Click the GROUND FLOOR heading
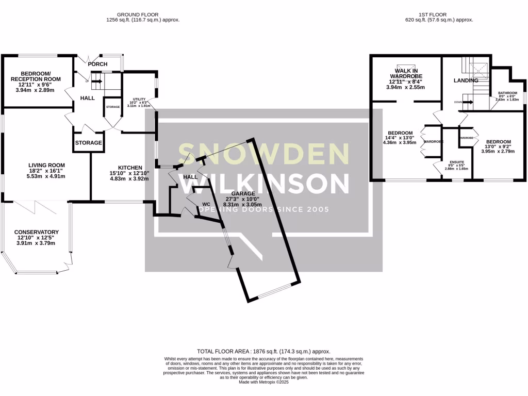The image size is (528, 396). pyautogui.click(x=137, y=14)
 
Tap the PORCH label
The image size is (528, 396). pyautogui.click(x=97, y=64)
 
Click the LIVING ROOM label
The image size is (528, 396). pyautogui.click(x=47, y=166)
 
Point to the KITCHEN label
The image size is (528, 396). pyautogui.click(x=130, y=168)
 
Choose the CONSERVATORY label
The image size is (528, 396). pyautogui.click(x=36, y=232)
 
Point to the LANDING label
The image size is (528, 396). pyautogui.click(x=466, y=80)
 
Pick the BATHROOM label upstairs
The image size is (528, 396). pyautogui.click(x=507, y=93)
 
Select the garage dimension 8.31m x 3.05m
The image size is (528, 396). pyautogui.click(x=242, y=204)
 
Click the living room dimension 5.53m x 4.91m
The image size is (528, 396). pyautogui.click(x=47, y=176)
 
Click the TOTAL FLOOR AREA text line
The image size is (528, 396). pyautogui.click(x=263, y=351)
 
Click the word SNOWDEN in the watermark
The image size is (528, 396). pyautogui.click(x=263, y=153)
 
